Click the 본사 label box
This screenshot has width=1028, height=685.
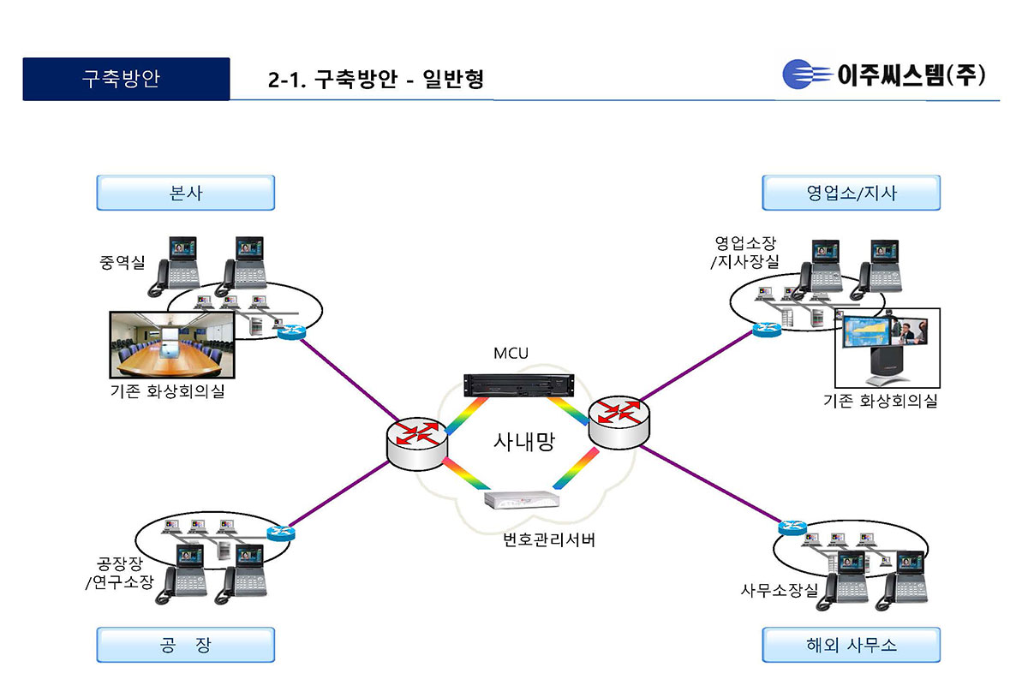click(x=185, y=193)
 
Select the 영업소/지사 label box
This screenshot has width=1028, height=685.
click(x=851, y=193)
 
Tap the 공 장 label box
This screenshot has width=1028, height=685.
click(x=185, y=645)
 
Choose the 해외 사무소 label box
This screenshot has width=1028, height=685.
click(x=851, y=645)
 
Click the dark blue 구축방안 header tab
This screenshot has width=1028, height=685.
click(x=126, y=80)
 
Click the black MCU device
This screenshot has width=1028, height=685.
click(x=517, y=384)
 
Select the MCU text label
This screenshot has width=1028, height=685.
click(x=511, y=354)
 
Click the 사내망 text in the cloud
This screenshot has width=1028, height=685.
click(x=524, y=442)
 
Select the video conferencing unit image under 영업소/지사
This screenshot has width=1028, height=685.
click(x=887, y=347)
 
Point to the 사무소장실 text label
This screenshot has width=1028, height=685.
click(x=780, y=590)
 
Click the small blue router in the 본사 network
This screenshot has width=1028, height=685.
click(x=291, y=332)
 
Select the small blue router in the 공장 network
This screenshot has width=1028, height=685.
click(x=280, y=533)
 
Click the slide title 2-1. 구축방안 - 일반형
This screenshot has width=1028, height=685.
click(x=376, y=80)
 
